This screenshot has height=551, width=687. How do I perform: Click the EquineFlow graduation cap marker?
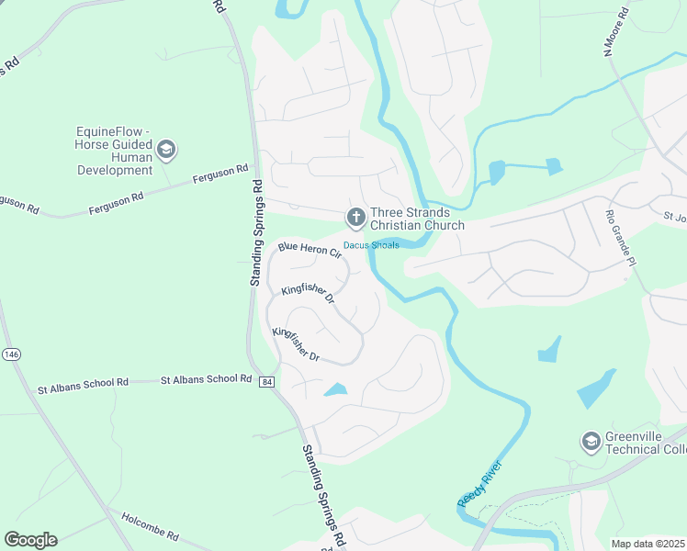click(166, 149)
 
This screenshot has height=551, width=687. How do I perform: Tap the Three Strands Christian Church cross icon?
click(355, 218)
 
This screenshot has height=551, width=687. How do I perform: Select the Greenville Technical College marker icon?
click(590, 443)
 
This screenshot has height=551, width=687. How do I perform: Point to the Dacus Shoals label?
click(371, 244)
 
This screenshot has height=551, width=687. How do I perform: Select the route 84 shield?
click(265, 381)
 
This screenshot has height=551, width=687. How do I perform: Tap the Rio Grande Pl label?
click(622, 239)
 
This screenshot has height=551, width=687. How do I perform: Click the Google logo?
click(30, 540)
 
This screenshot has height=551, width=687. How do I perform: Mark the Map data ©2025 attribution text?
click(648, 544)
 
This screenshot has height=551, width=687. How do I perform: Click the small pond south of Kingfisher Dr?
click(336, 390)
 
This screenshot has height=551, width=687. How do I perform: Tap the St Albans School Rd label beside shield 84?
click(206, 378)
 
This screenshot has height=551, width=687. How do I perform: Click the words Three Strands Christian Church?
click(417, 219)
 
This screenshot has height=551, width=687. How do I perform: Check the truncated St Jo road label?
click(675, 218)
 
